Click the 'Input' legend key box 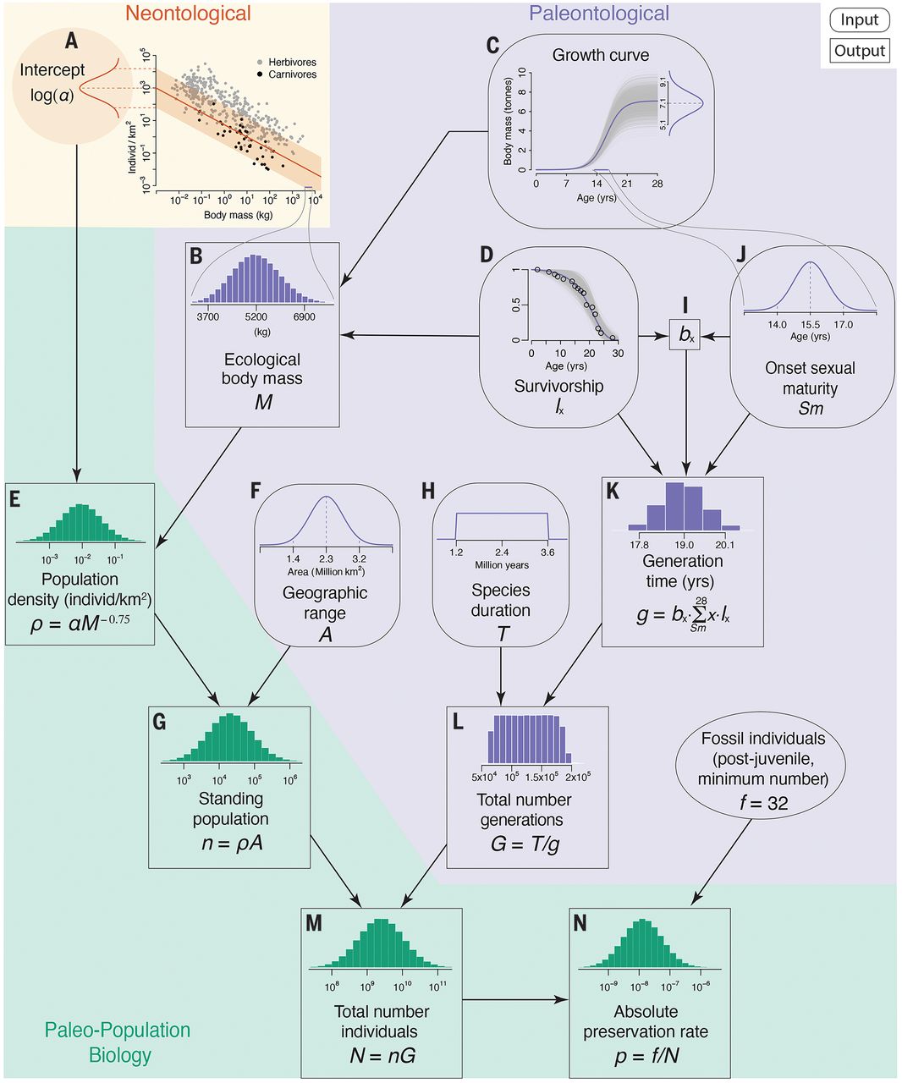click(x=859, y=20)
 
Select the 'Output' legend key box click(x=859, y=51)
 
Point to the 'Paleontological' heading click(x=598, y=14)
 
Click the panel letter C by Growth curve click(x=492, y=44)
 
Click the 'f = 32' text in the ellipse click(x=763, y=802)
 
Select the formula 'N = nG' click(x=382, y=1055)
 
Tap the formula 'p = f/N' click(x=646, y=1055)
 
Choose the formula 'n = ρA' click(x=229, y=843)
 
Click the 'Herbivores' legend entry click(x=292, y=63)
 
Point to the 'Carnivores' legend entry click(x=292, y=74)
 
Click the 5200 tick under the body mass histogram click(x=256, y=317)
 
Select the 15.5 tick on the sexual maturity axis click(x=811, y=324)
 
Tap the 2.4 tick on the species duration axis click(x=502, y=552)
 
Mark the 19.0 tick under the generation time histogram click(x=684, y=545)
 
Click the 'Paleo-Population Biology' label click(x=118, y=1042)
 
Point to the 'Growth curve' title click(x=600, y=55)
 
